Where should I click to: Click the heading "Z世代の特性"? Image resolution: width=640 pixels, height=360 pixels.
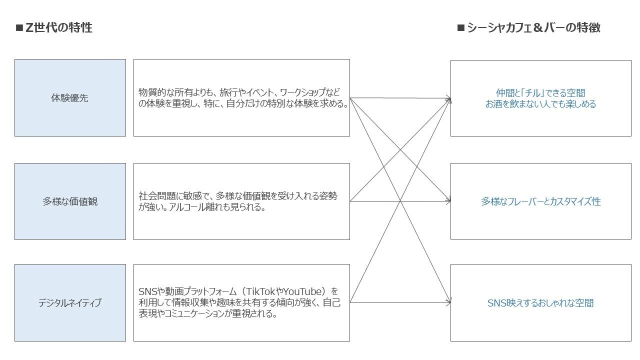coord(58,28)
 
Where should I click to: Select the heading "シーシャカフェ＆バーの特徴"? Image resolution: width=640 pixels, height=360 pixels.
coord(533,28)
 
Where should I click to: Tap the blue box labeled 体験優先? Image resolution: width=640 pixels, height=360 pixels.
coord(70,98)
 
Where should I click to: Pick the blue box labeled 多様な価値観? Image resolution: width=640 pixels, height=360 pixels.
coord(70,201)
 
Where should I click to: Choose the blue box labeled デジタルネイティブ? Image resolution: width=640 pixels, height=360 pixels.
coord(70,303)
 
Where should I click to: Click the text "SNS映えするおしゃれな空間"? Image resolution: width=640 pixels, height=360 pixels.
coord(540,303)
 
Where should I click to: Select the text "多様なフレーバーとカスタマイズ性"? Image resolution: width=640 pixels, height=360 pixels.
coord(540,201)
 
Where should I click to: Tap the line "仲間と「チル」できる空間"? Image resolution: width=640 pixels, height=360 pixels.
coord(540,93)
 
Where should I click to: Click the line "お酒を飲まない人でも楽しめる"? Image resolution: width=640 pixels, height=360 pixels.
coord(540,104)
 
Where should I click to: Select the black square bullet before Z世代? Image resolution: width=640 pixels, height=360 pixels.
coord(19,28)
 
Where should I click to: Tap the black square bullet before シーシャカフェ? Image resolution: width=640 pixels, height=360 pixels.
coord(460,28)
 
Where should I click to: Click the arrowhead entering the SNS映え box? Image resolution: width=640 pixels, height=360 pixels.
coord(448,302)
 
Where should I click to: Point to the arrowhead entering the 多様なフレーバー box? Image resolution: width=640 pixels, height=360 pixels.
coord(448,201)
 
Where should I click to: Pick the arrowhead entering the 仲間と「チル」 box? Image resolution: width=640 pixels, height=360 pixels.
coord(448,99)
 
